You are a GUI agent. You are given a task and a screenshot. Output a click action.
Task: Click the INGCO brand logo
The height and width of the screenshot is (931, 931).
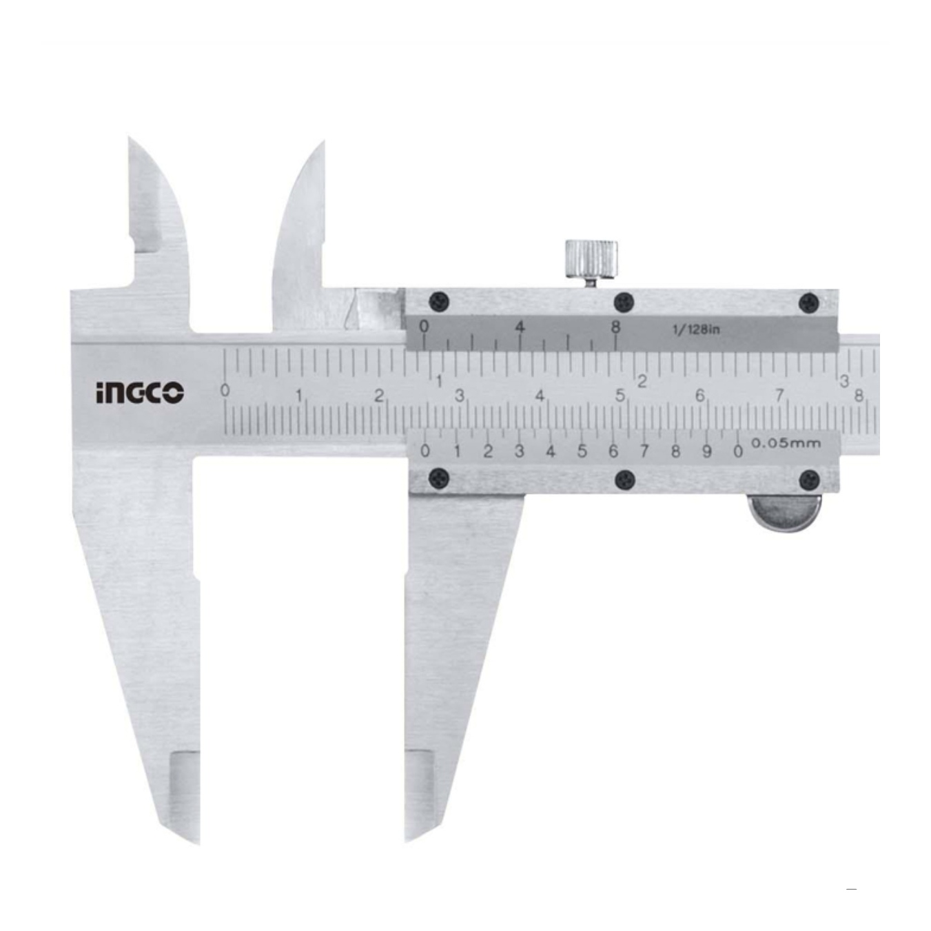[140, 393]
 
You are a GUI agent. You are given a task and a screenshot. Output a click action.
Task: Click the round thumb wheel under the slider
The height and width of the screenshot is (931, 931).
[784, 513]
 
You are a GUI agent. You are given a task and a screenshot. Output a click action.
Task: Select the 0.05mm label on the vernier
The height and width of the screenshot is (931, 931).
[786, 442]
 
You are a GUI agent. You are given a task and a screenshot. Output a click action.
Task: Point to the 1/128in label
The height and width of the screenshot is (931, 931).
[696, 330]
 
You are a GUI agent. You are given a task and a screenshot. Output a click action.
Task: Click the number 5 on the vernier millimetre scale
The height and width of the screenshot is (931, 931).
[582, 452]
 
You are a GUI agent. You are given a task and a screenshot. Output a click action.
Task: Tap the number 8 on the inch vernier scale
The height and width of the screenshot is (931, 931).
[615, 327]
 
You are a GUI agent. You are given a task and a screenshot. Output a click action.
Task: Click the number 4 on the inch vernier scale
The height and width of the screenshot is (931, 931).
[520, 327]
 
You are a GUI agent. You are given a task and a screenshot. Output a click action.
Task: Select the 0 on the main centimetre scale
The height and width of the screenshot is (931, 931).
[225, 391]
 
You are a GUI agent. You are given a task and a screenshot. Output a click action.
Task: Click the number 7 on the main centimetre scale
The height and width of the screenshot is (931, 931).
[779, 396]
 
